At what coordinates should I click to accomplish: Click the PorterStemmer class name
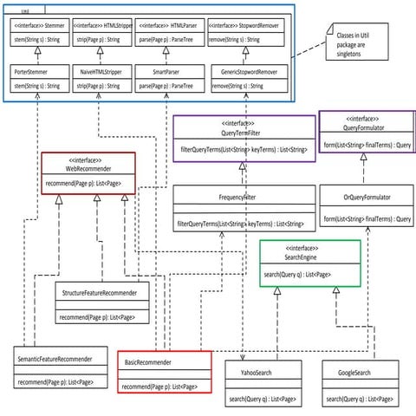coord(35,74)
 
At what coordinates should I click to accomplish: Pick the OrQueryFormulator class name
coord(367,198)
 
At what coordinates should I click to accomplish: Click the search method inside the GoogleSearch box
coord(354,399)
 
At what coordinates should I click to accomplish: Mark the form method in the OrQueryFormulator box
coord(367,219)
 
